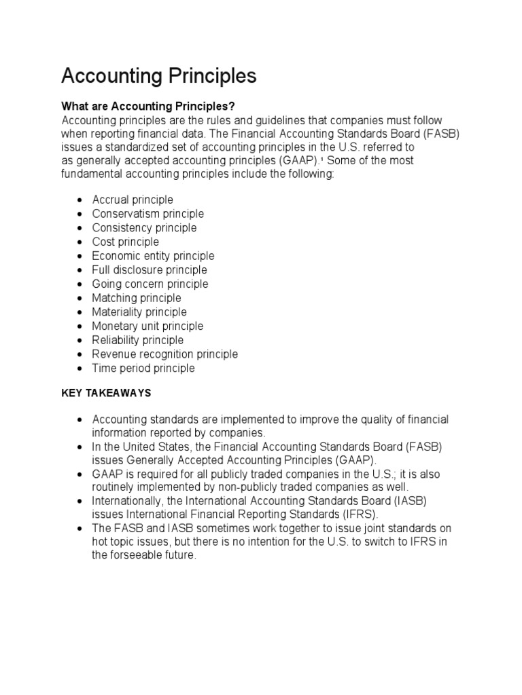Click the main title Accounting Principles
(158, 76)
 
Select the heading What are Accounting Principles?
(148, 106)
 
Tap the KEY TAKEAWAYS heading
(106, 393)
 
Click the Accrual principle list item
(133, 200)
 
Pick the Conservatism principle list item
(147, 214)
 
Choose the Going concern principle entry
(150, 284)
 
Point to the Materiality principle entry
(139, 312)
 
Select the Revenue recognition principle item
(165, 354)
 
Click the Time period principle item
(143, 369)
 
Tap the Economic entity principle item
(153, 256)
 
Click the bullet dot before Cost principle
(80, 242)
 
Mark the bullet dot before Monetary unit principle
(80, 326)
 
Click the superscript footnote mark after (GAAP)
(321, 159)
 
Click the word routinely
(114, 487)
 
